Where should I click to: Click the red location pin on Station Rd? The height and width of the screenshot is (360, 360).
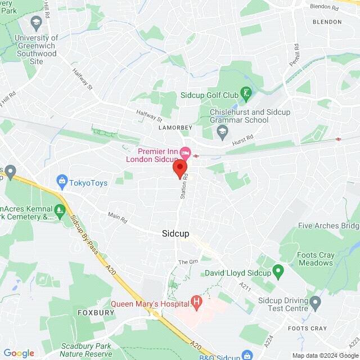[x=180, y=169]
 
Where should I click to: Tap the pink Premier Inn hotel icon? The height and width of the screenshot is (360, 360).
[x=184, y=152]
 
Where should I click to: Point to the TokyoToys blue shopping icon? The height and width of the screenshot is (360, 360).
[x=61, y=182]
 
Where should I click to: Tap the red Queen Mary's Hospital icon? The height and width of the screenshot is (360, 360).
[x=196, y=303]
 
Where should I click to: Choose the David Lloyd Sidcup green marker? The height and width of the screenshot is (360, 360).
[x=277, y=272]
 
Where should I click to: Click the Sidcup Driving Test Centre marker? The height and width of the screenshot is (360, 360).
[x=316, y=304]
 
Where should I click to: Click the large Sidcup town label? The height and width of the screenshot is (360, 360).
[x=175, y=233]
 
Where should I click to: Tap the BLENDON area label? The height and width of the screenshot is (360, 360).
[x=327, y=22]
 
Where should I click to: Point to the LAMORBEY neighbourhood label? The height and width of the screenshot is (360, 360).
[x=175, y=128]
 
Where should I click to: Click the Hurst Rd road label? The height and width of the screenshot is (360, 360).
[x=242, y=137]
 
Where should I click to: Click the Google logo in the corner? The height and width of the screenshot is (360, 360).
[x=19, y=353]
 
